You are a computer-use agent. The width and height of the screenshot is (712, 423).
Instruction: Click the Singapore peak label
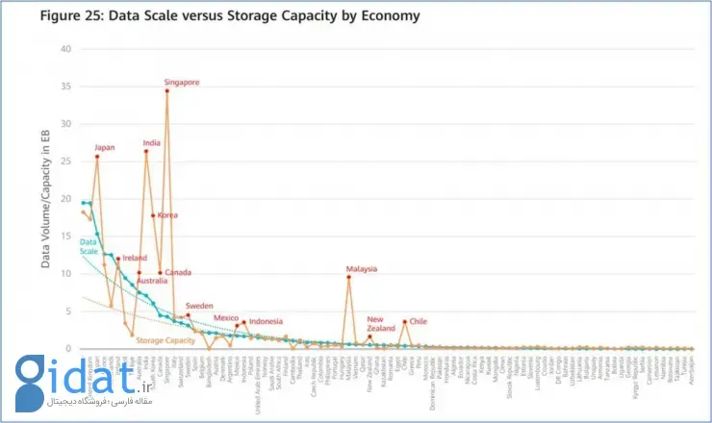(182, 83)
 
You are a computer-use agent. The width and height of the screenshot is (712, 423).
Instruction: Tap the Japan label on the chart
(105, 147)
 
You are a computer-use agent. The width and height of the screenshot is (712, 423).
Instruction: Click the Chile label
(418, 321)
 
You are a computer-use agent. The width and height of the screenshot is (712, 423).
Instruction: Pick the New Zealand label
(375, 324)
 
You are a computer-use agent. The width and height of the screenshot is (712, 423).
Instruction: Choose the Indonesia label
(266, 321)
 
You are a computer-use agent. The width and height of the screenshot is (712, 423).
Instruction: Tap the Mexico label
(226, 317)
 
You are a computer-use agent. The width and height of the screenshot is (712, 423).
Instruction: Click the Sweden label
(199, 305)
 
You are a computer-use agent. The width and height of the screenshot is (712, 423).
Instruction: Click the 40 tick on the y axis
(66, 49)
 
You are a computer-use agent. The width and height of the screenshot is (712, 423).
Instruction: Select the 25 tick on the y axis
(66, 162)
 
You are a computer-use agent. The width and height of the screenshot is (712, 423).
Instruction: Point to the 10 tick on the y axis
(66, 274)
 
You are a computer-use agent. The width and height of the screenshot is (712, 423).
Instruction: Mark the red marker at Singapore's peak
(167, 91)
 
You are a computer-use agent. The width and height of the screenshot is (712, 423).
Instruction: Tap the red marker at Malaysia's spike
(348, 277)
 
